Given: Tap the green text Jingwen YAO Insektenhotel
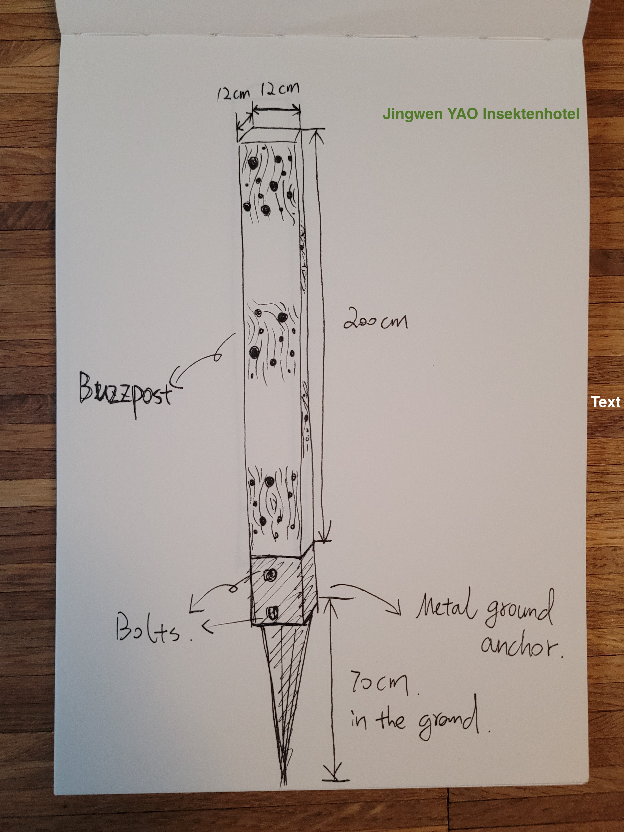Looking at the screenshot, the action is [481, 113].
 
